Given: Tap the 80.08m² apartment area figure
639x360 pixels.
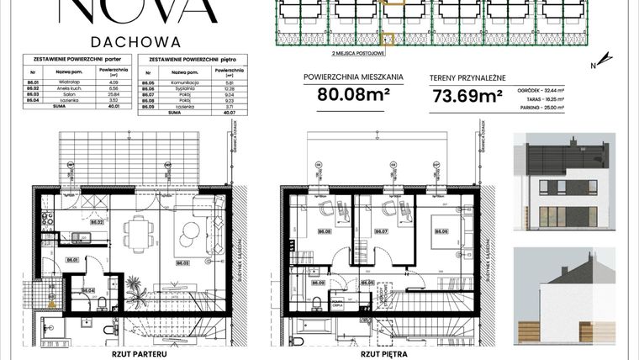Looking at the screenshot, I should tap(353, 94).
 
